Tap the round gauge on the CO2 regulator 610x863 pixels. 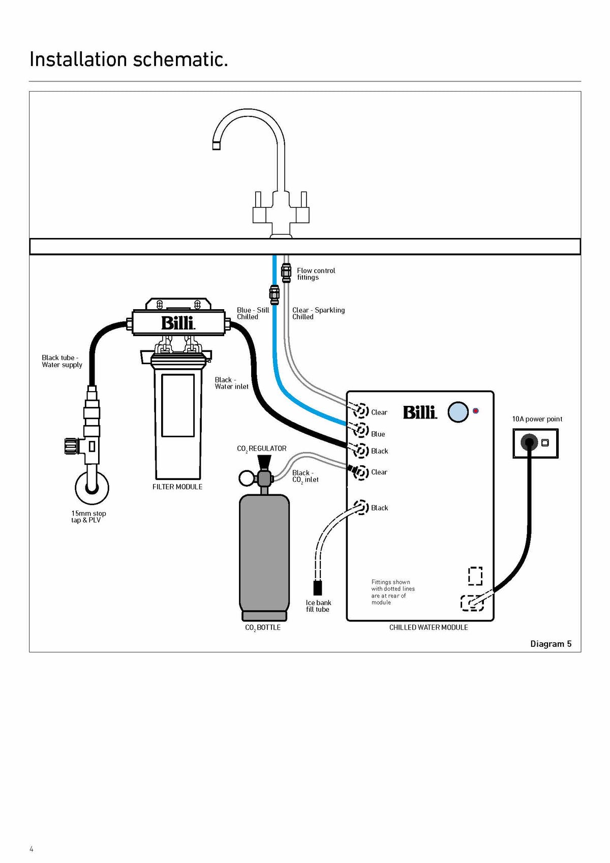246,479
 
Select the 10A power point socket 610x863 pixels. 529,442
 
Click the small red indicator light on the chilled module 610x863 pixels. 476,411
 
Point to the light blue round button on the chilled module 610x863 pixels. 458,411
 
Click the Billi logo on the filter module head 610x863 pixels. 178,323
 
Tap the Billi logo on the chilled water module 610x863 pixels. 420,412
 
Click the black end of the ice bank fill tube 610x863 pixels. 318,587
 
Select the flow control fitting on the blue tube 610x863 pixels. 274,295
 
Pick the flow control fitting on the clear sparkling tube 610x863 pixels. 286,273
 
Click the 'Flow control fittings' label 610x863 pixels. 316,274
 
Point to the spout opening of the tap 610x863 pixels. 217,146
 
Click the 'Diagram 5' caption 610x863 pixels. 551,644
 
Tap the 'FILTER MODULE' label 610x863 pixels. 177,487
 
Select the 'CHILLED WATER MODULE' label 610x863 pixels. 428,628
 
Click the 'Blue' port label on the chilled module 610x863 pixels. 378,434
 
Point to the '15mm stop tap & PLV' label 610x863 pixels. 88,517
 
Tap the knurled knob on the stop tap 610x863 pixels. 71,446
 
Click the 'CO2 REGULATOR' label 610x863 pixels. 261,449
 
